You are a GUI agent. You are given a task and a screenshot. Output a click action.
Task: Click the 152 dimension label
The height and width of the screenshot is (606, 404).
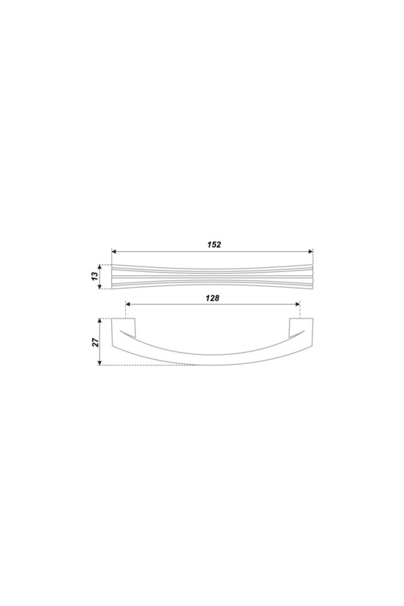213,244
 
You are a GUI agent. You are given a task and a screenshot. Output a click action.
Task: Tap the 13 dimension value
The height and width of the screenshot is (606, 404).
93,276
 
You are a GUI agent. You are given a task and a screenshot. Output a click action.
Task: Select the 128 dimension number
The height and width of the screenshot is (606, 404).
212,298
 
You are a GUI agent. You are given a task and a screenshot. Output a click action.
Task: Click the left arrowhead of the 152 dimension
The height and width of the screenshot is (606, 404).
114,252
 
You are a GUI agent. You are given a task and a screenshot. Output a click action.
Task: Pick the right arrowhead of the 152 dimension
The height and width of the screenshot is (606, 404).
310,252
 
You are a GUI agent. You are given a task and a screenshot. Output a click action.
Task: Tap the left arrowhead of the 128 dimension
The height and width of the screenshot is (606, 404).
129,304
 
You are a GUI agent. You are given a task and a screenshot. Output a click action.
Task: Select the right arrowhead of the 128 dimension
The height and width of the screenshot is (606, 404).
298,304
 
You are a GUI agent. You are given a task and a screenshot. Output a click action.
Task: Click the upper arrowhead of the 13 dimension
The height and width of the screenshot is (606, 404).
100,267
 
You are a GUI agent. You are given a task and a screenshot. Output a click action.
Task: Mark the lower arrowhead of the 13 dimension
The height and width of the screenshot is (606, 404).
100,286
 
